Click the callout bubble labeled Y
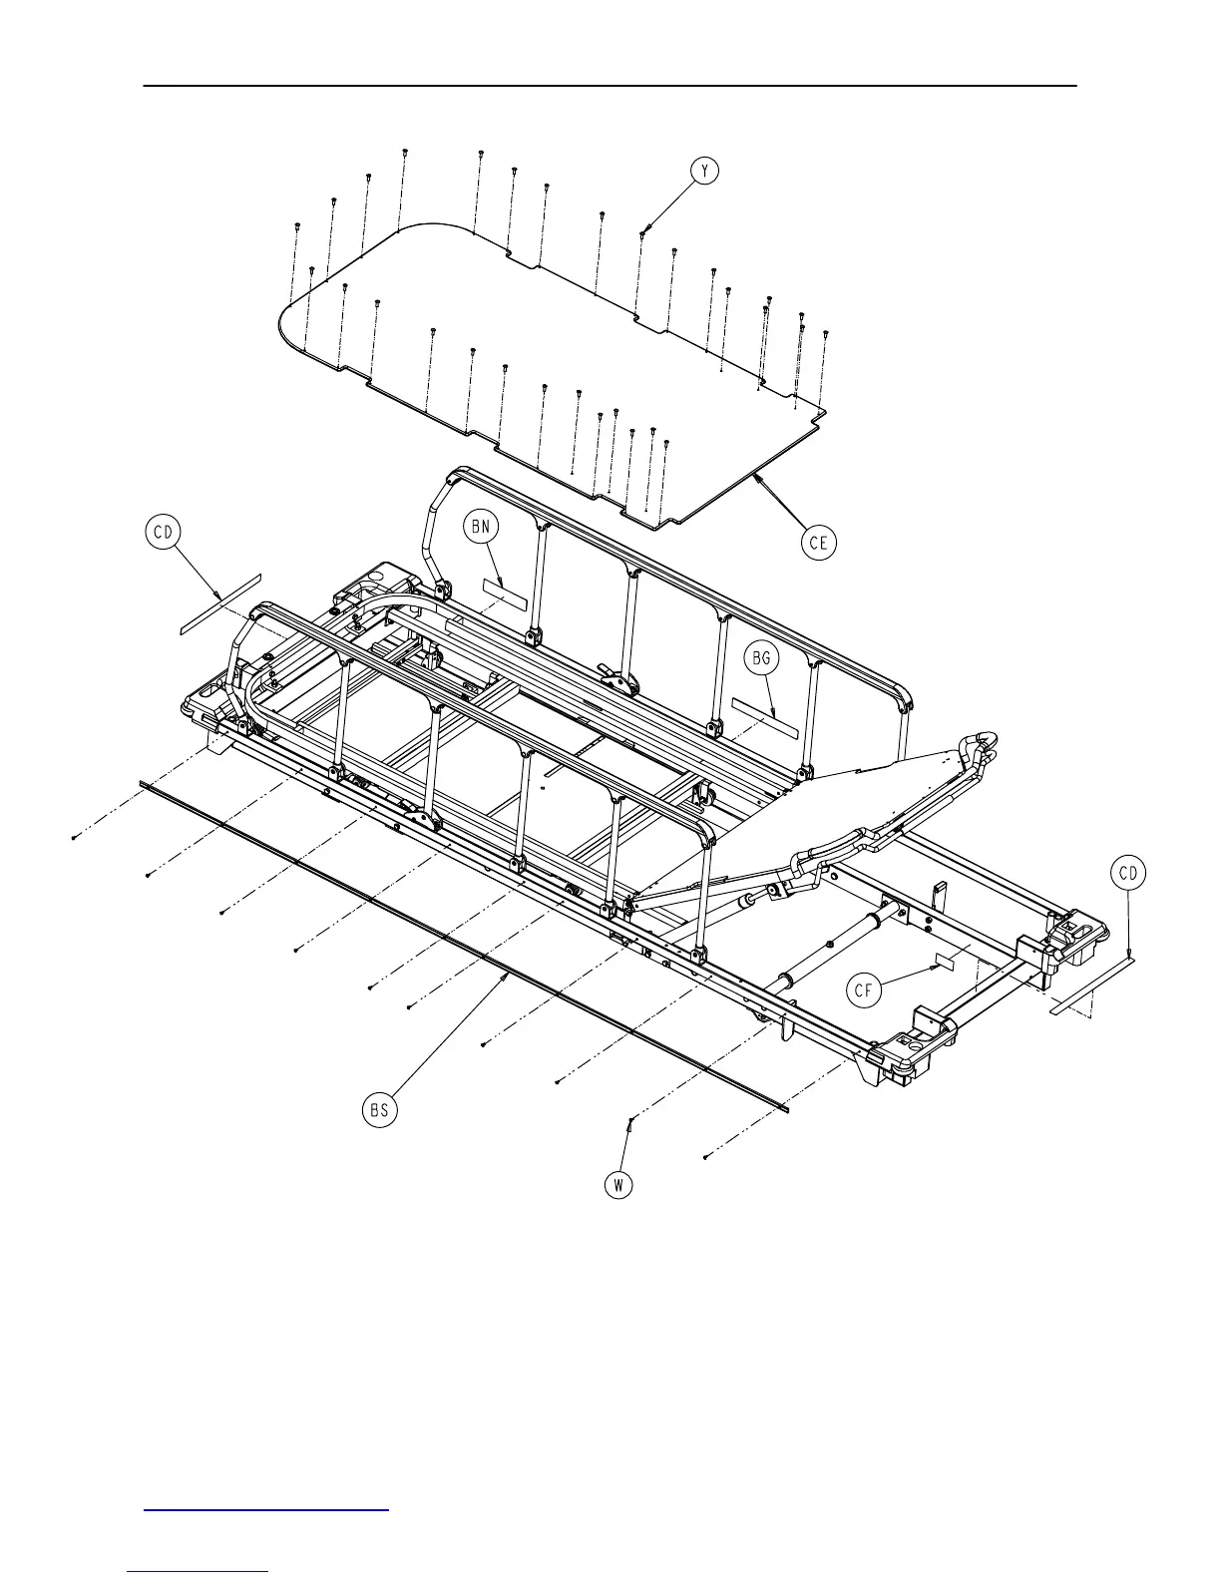click(x=706, y=171)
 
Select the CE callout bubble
click(x=819, y=542)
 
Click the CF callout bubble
click(x=865, y=990)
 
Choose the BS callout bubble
click(x=380, y=1110)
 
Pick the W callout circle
click(x=619, y=1184)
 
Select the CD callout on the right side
click(x=1128, y=874)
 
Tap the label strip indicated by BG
click(x=766, y=717)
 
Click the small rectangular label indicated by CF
click(x=945, y=962)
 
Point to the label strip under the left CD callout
click(x=219, y=604)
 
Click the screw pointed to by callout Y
click(x=642, y=233)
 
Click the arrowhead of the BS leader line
click(x=510, y=977)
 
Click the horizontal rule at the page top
click(x=610, y=86)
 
